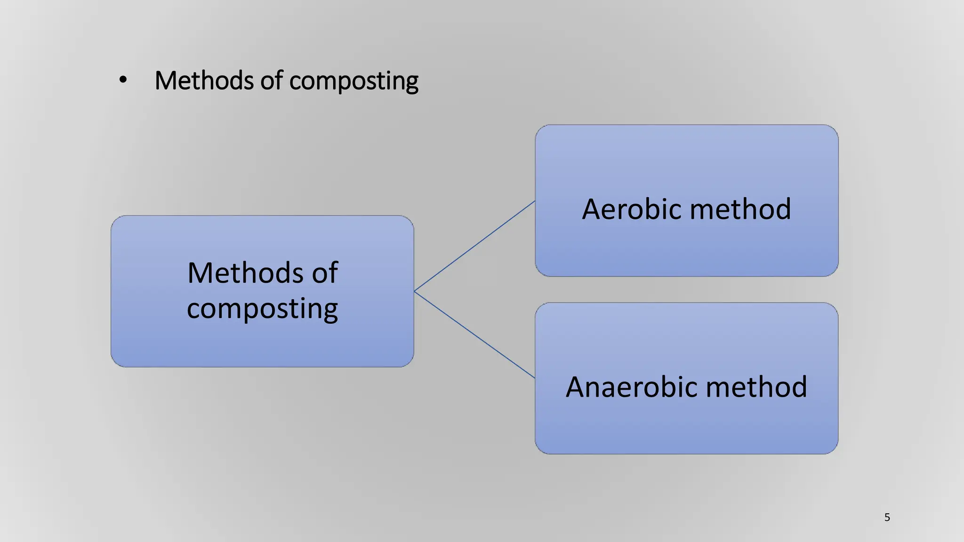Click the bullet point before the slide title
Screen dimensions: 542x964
(123, 80)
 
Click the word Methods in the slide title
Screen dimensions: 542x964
(204, 80)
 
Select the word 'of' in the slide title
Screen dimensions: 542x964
(272, 80)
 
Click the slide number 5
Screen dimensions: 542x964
(887, 518)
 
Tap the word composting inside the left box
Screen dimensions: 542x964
(262, 309)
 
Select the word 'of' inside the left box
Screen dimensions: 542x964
(324, 273)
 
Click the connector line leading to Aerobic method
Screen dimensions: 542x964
(474, 246)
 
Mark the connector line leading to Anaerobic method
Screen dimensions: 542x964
(474, 335)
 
